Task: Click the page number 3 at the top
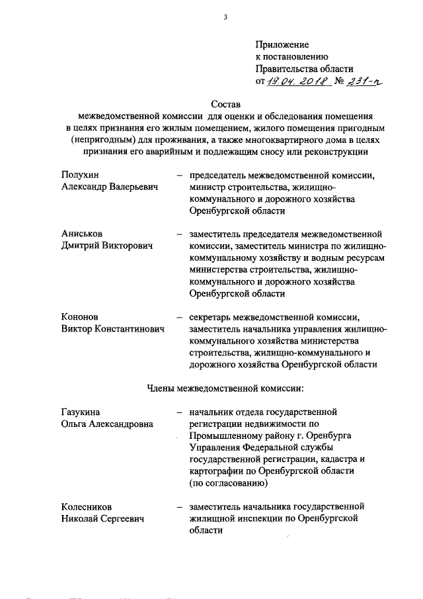pos(225,17)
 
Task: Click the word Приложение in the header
pos(282,44)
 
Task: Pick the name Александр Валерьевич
pos(110,188)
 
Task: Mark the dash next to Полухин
pos(179,176)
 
